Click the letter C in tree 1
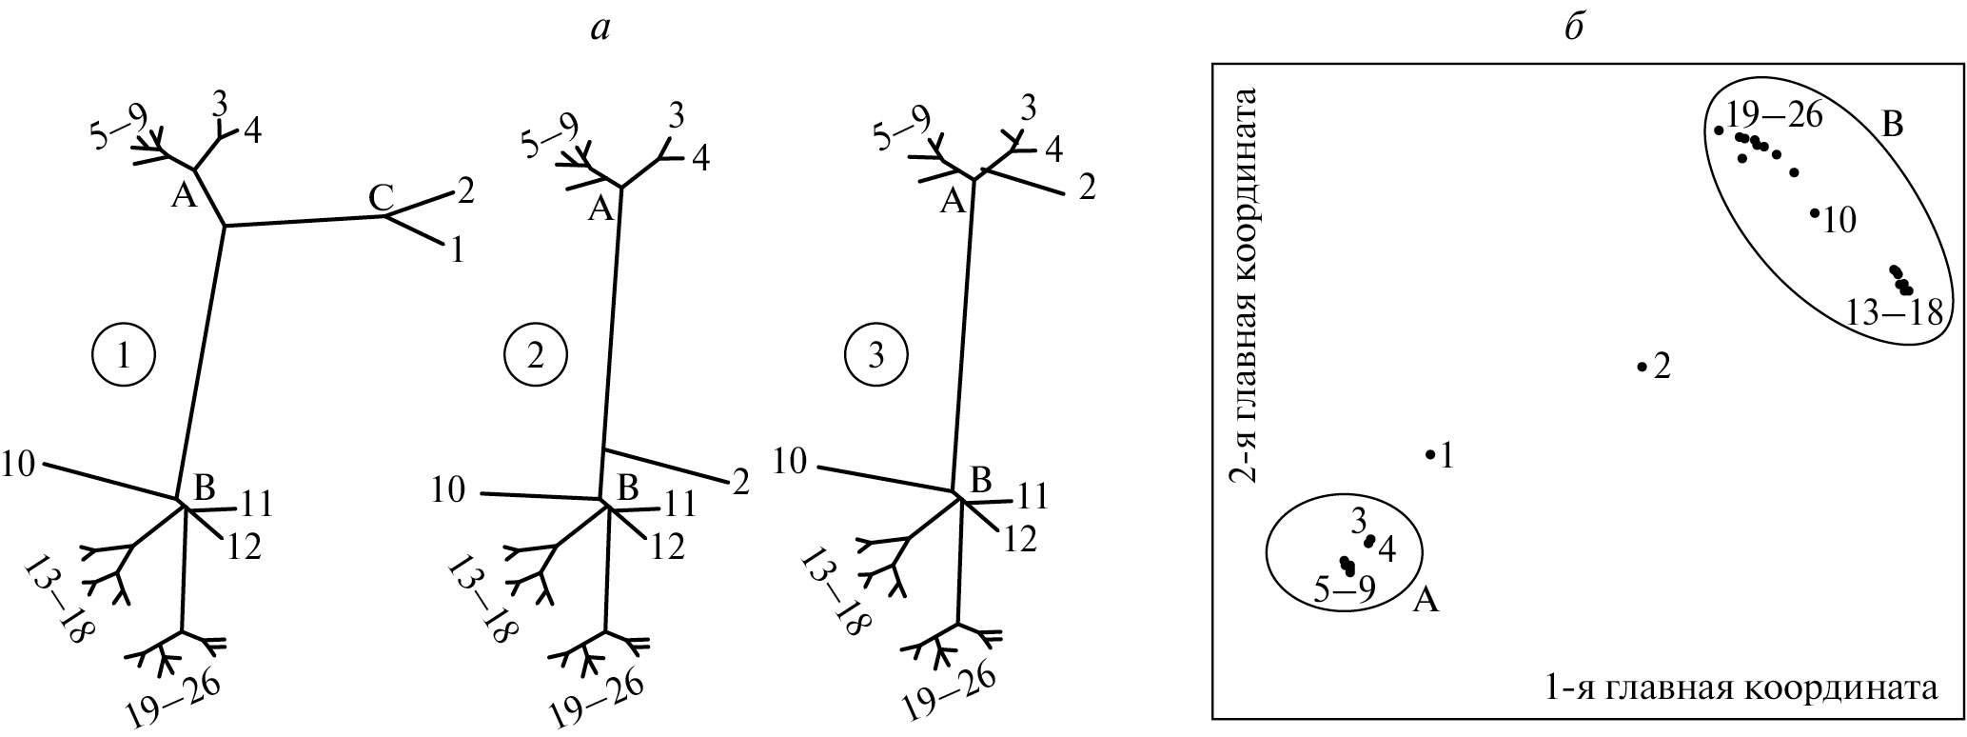(x=382, y=198)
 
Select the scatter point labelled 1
(x=1430, y=454)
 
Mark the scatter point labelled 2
(x=1642, y=367)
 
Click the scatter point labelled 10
(x=1816, y=213)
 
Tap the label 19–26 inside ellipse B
(x=1775, y=116)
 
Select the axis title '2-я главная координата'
(x=1245, y=286)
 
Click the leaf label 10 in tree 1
(x=19, y=464)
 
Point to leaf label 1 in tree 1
(x=457, y=250)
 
